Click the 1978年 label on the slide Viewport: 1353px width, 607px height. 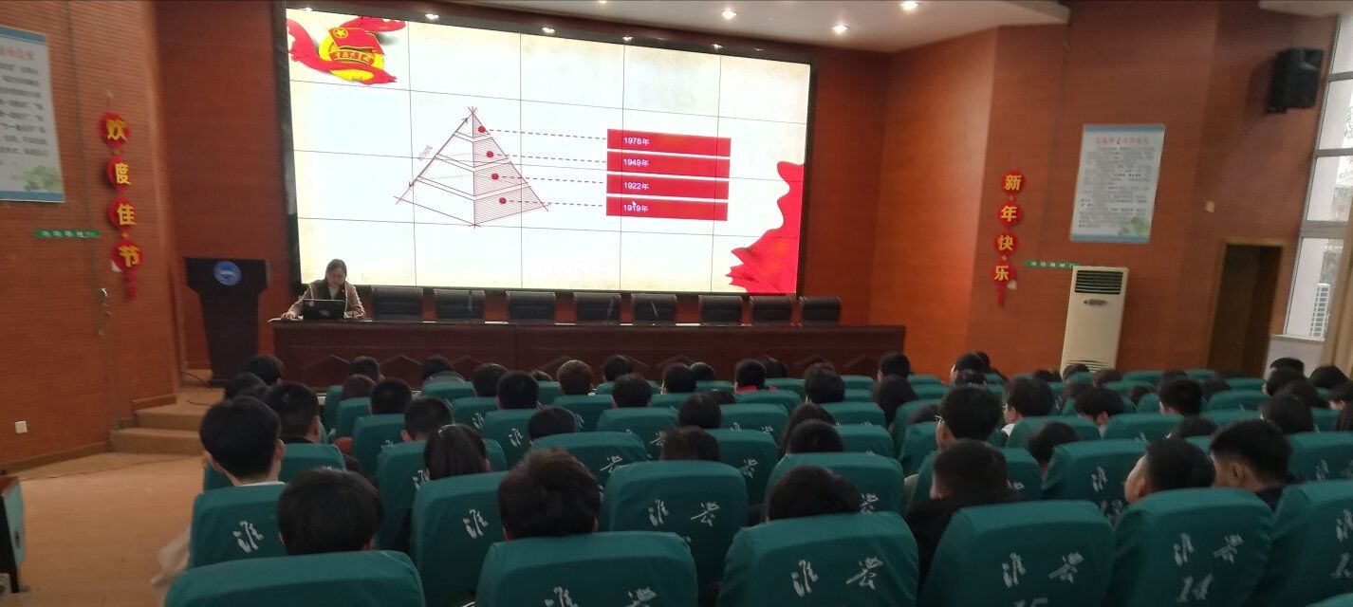(x=637, y=141)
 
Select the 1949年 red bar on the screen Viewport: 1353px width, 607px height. (x=668, y=163)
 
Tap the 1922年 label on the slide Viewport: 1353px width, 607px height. (x=636, y=186)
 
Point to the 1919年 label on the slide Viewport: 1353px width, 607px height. (x=636, y=208)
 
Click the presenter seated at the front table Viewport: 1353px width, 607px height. (x=333, y=285)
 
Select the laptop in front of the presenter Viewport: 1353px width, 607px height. (x=324, y=309)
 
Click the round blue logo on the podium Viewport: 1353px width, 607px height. (x=227, y=273)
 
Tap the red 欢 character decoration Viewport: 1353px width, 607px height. (x=114, y=129)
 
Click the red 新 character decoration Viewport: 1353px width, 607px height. (x=1012, y=182)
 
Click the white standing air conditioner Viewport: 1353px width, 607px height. (x=1093, y=318)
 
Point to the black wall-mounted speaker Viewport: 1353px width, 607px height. (x=1295, y=80)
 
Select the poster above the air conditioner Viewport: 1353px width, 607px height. (x=1117, y=182)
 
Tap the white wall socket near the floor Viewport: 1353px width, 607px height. (x=21, y=426)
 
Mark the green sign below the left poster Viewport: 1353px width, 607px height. (x=66, y=233)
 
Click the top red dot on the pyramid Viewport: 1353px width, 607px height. (x=481, y=129)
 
